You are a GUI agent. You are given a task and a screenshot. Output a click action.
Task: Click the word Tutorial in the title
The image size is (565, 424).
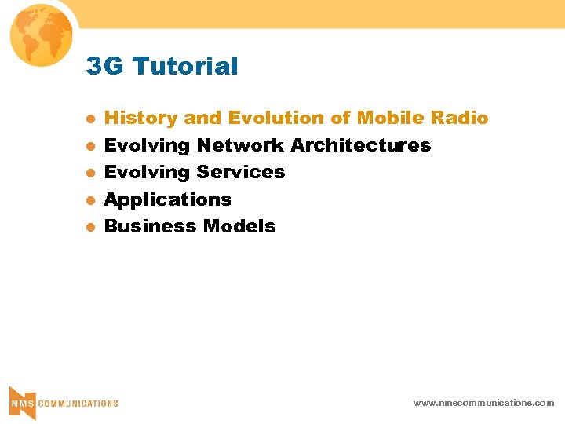coord(185,67)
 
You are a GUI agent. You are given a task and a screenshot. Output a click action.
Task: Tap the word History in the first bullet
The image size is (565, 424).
coord(141,119)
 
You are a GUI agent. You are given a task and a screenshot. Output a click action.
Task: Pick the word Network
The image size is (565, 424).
coord(241,145)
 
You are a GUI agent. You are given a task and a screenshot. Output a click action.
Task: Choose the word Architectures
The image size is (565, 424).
coord(361,145)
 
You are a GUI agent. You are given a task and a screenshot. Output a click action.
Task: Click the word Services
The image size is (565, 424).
coord(241,172)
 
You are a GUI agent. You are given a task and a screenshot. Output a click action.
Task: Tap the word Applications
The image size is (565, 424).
coord(168,199)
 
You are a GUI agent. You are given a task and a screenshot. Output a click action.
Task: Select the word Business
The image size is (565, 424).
coord(151,226)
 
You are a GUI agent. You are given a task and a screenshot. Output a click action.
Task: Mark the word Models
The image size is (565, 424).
coord(239,226)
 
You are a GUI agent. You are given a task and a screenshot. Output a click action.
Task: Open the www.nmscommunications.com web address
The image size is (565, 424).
coord(483,403)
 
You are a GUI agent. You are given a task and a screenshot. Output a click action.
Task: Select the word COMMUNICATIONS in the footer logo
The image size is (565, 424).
coord(78,404)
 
